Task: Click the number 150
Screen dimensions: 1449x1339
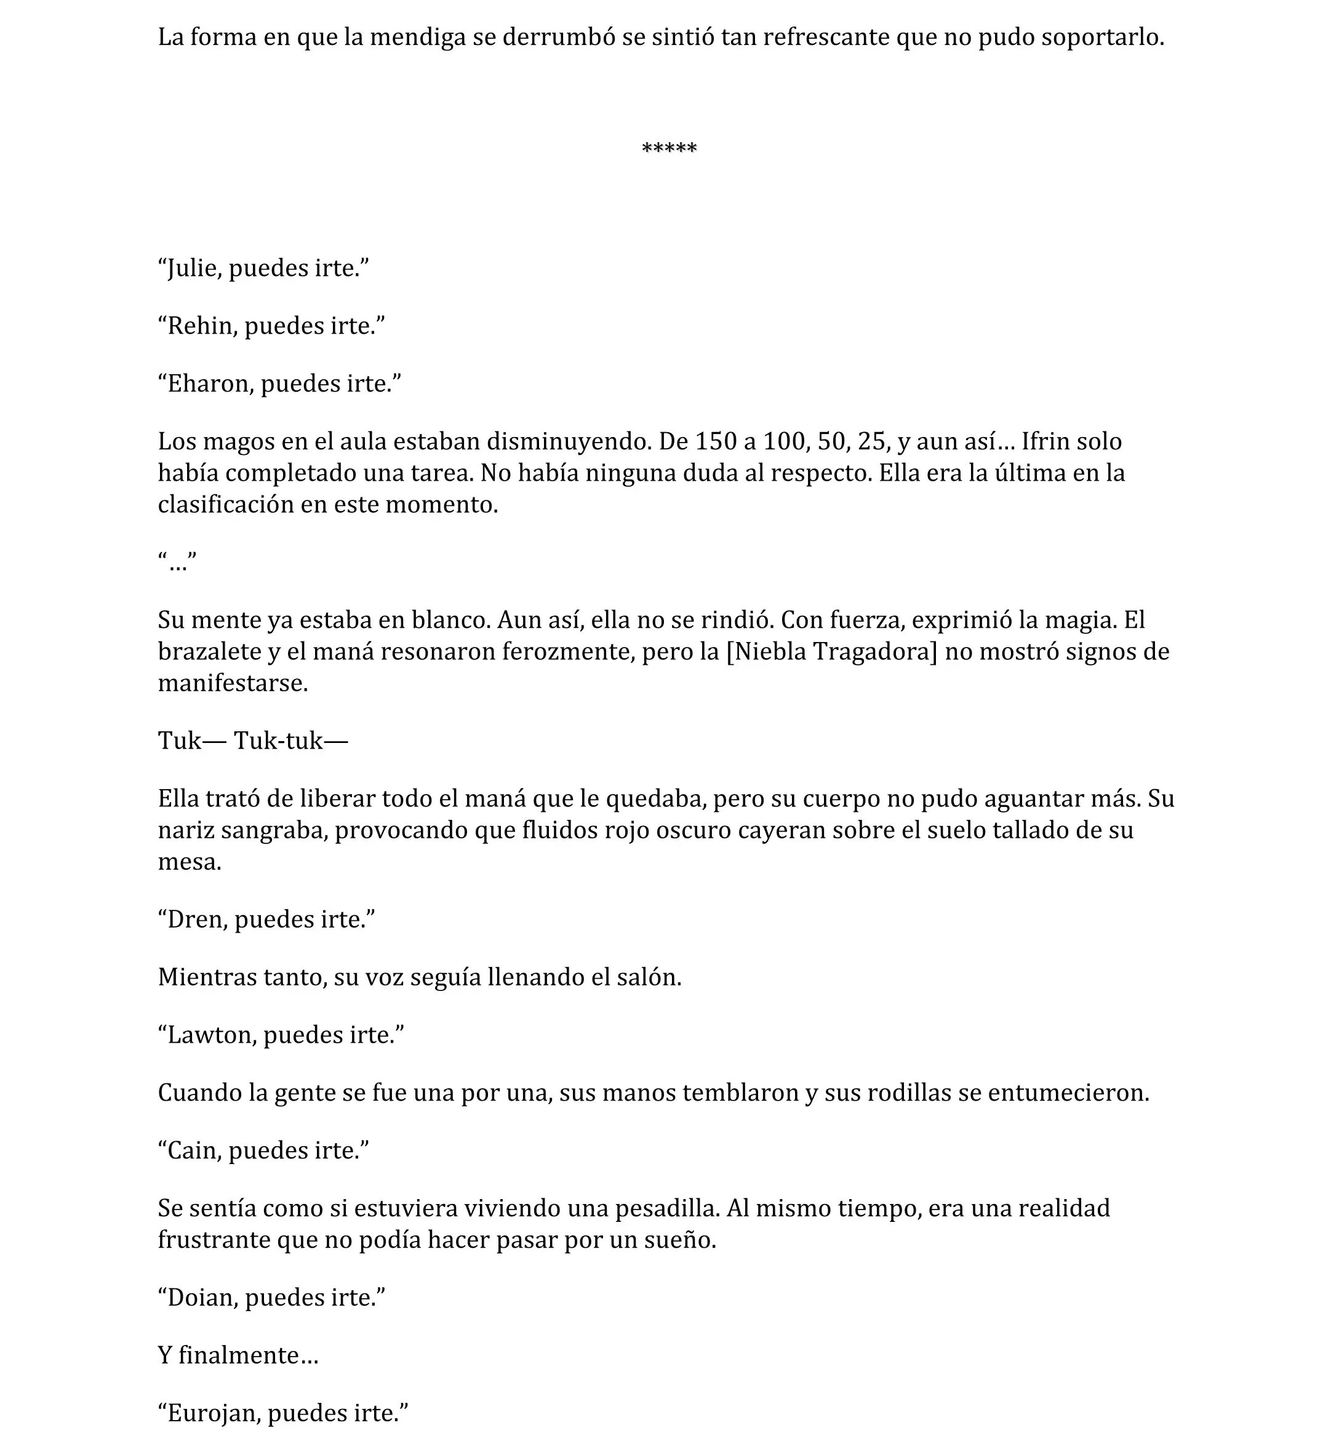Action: [715, 441]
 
